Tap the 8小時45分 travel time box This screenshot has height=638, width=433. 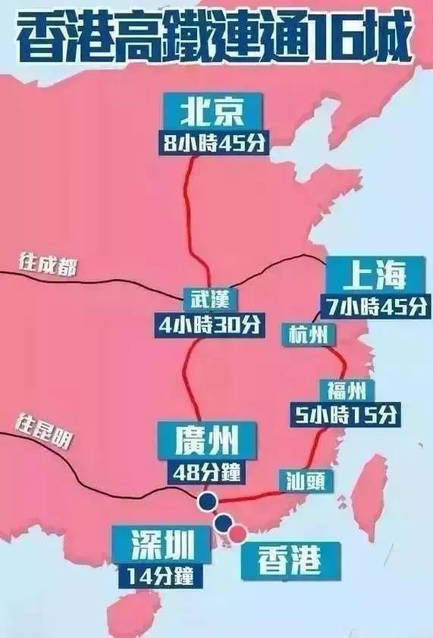point(215,143)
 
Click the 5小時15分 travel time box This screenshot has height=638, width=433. point(346,414)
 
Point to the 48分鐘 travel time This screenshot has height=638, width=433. point(207,472)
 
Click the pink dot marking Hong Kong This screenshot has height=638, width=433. point(239,533)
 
